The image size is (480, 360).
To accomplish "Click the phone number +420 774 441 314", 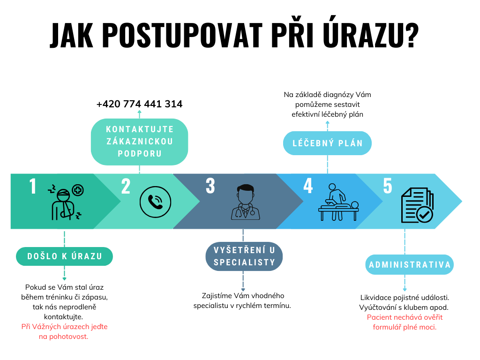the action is [x=139, y=104].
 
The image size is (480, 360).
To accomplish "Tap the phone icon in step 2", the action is [x=155, y=202].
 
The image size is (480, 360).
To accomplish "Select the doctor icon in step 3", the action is [x=246, y=202].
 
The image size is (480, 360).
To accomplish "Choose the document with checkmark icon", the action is [x=417, y=205].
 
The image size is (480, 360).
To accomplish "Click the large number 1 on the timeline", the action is [x=33, y=186].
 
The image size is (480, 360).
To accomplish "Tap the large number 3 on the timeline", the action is [x=210, y=186].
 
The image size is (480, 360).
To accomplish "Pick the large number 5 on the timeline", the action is [x=388, y=186].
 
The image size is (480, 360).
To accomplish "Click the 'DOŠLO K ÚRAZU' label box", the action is [x=64, y=256].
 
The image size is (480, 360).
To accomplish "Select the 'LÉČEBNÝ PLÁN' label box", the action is [x=327, y=143].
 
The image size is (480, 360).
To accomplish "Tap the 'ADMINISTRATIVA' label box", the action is [x=410, y=264].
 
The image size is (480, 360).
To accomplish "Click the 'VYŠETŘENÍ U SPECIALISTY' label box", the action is [x=244, y=256].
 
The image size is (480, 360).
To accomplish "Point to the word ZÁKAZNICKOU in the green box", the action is [x=140, y=142].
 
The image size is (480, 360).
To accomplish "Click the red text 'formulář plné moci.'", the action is [x=405, y=327].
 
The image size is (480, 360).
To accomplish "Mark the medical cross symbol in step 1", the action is [x=78, y=190].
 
